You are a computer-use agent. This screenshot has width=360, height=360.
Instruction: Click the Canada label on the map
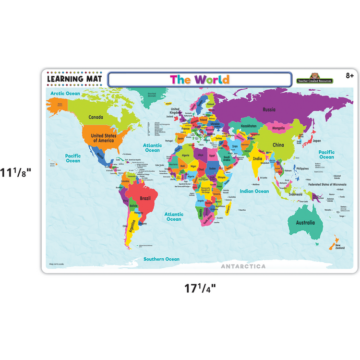click(96, 117)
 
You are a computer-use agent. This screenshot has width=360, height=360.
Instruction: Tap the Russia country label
click(269, 109)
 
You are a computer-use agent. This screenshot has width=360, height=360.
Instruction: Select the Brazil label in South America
click(145, 198)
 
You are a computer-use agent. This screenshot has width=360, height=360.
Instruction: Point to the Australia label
click(305, 223)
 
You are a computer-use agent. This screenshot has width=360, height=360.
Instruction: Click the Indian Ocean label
click(254, 191)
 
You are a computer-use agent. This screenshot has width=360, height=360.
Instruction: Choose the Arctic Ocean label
click(65, 94)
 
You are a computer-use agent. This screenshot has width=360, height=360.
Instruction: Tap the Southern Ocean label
click(161, 259)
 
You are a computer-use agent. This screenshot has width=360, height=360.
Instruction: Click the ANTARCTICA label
click(243, 265)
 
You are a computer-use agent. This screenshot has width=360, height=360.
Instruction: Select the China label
click(278, 145)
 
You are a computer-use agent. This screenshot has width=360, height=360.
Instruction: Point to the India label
click(258, 158)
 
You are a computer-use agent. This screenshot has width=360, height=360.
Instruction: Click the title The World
click(200, 80)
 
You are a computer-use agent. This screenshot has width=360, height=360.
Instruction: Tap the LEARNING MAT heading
click(74, 79)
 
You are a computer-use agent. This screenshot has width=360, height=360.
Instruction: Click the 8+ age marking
click(350, 75)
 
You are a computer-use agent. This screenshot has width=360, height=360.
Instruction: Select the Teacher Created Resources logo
click(314, 80)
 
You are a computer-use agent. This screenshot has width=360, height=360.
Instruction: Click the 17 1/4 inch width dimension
click(201, 288)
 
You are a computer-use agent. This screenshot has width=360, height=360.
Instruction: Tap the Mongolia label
click(278, 128)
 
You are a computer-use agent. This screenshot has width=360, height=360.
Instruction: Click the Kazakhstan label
click(249, 126)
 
